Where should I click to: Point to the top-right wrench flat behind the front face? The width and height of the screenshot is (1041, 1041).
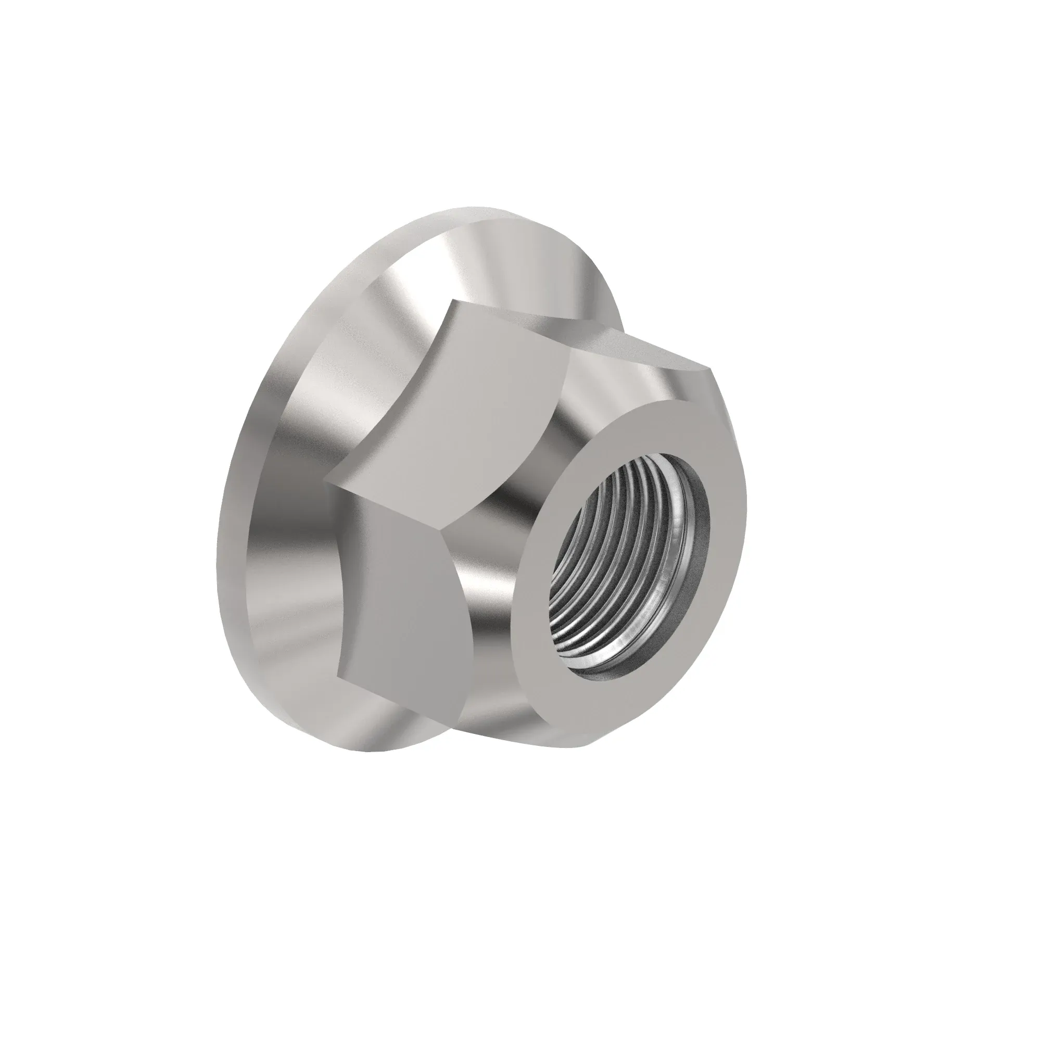click(x=636, y=366)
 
